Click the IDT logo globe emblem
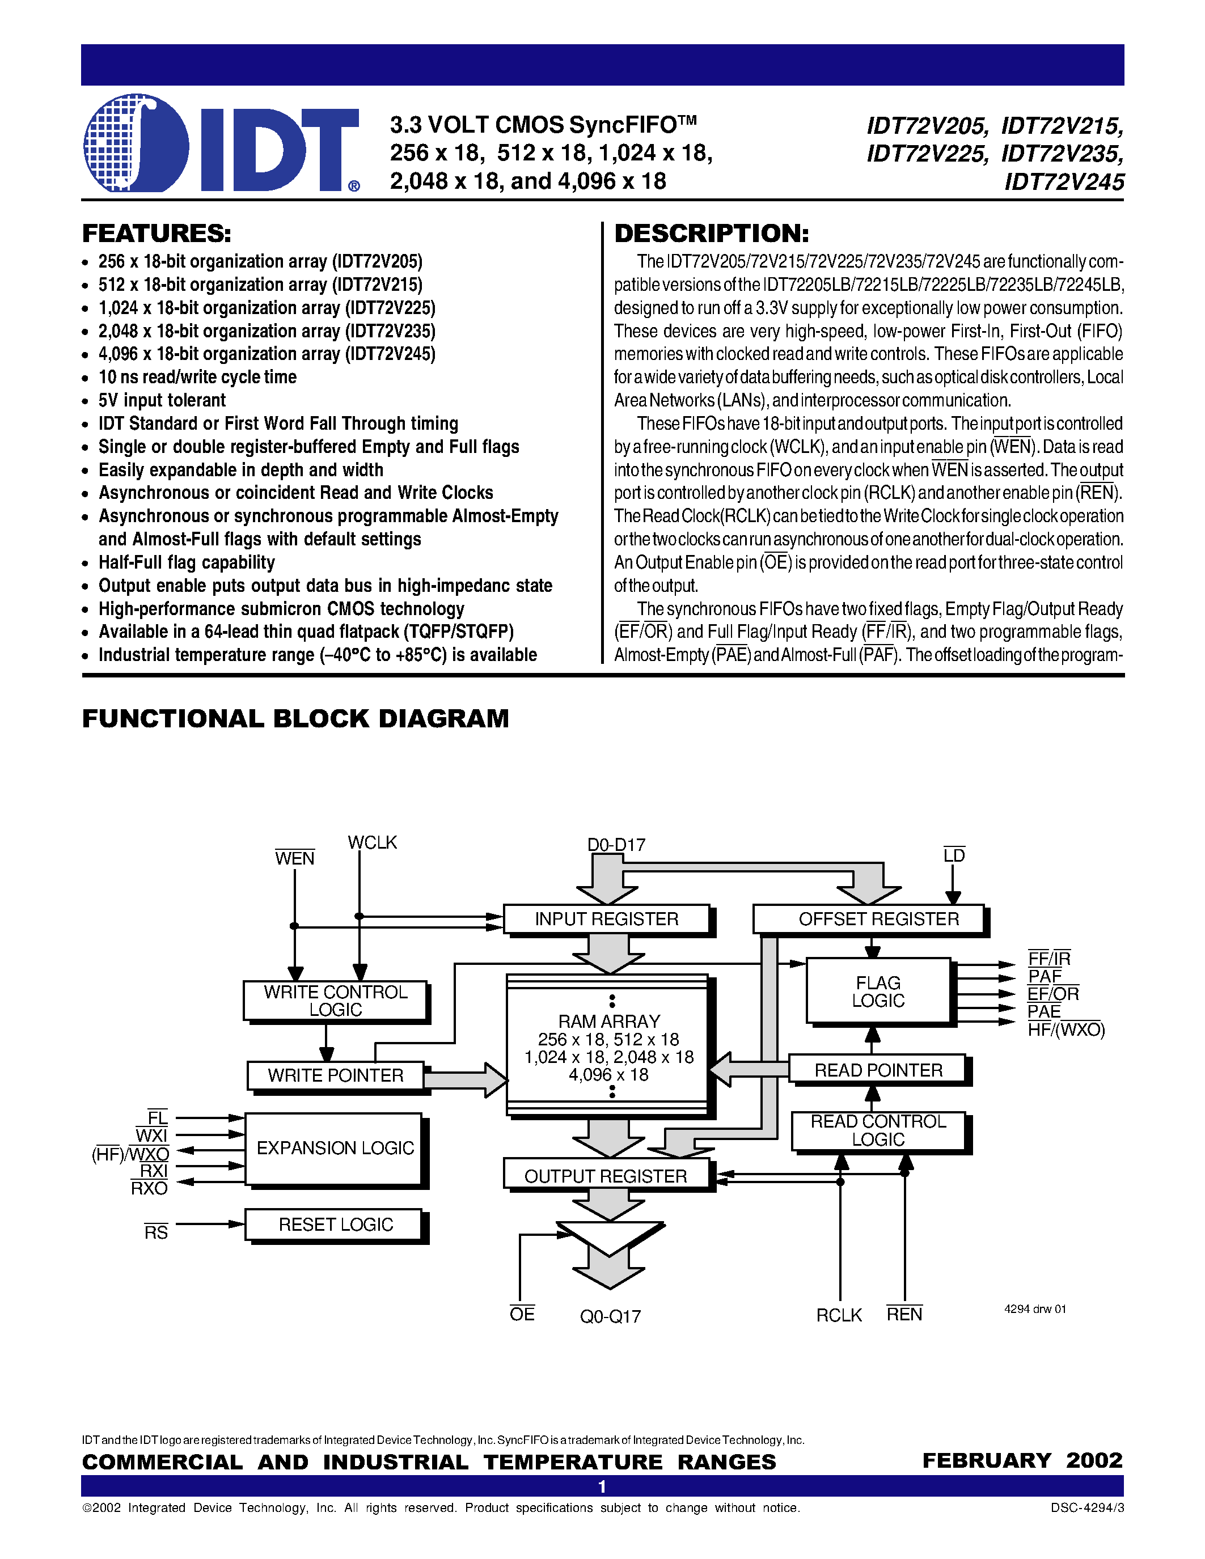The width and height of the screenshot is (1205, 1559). coord(136,143)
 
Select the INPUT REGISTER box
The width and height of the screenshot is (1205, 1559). coord(606,919)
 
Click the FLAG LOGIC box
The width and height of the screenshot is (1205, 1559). coord(878,992)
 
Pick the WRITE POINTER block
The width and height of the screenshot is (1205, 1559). coord(336,1075)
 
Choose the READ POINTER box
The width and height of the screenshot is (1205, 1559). coord(878,1070)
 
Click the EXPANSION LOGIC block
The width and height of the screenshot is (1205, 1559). coord(334,1148)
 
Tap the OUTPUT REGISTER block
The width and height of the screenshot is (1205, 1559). coord(606,1176)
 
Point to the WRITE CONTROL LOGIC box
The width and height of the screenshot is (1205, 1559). coord(335,1001)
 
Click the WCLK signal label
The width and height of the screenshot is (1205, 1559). coord(372,843)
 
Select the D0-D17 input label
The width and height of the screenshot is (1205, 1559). coord(616,845)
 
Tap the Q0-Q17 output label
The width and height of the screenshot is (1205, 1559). coord(610,1316)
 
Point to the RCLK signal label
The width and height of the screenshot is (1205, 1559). coord(839,1315)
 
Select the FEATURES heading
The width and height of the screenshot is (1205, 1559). coord(157,234)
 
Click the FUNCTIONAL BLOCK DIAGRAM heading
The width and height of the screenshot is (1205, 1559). coord(295,719)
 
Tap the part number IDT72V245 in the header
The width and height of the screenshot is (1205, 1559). coord(1064,183)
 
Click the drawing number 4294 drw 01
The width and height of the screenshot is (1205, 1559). coord(1034,1309)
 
